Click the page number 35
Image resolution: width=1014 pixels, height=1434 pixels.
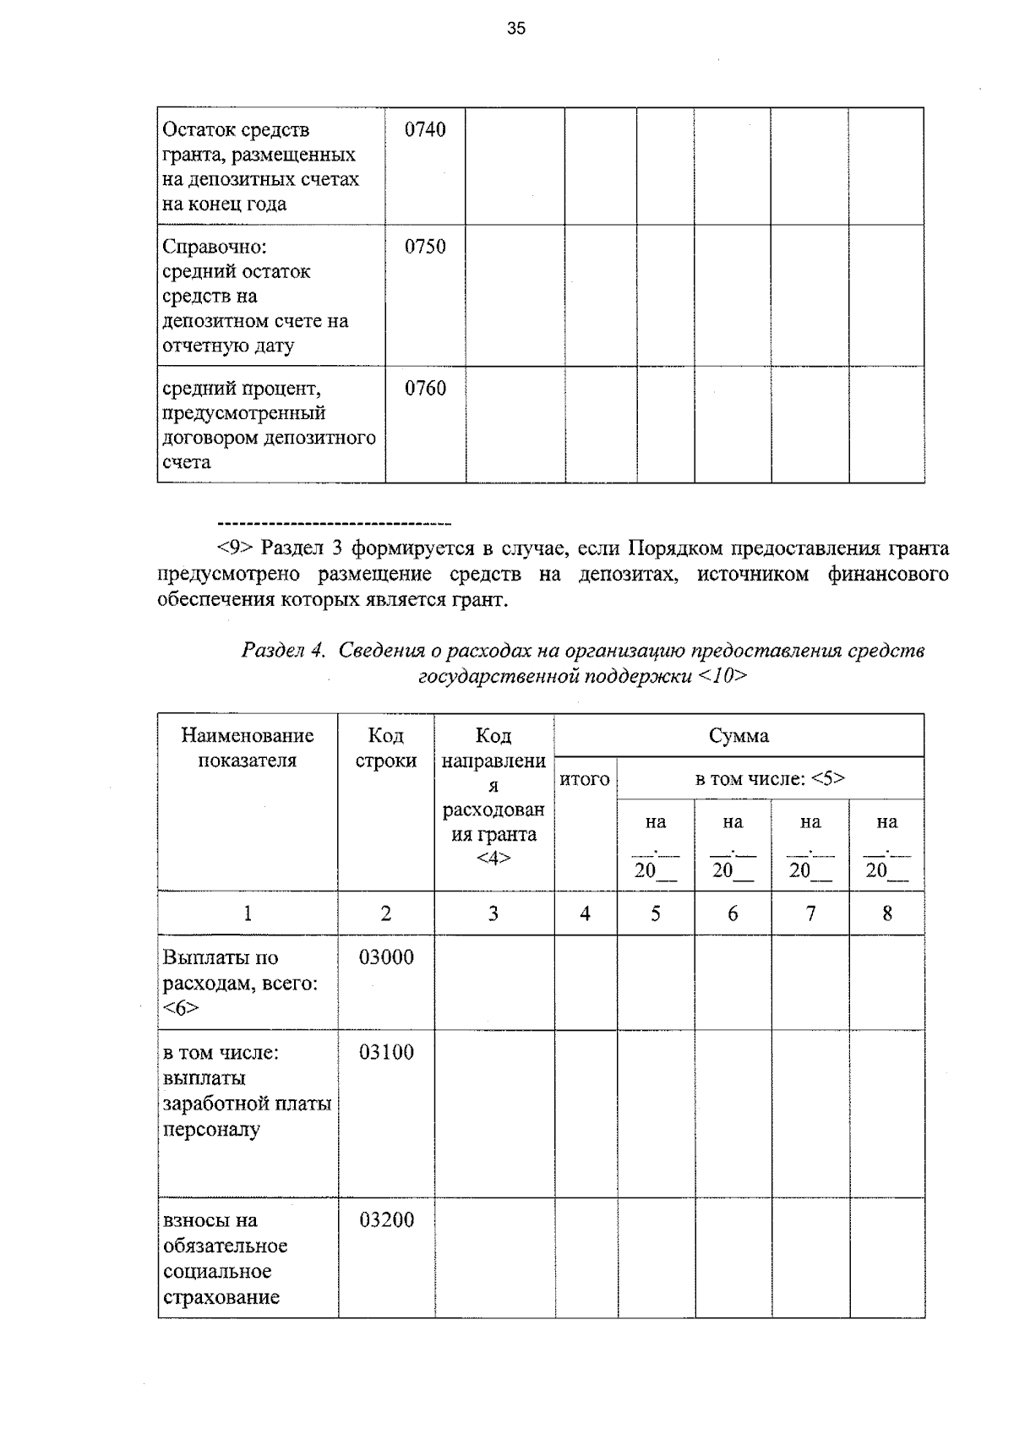[515, 29]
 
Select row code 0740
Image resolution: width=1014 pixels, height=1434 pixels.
[425, 129]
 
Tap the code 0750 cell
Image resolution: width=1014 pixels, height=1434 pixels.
[425, 247]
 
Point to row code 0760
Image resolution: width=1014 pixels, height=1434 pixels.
[425, 389]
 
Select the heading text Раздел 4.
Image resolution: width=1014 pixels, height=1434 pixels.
[283, 651]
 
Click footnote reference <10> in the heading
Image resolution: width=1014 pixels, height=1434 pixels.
[723, 676]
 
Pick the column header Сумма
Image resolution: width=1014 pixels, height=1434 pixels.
[739, 736]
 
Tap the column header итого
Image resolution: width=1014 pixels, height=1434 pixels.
[585, 779]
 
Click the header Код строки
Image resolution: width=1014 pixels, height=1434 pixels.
[386, 748]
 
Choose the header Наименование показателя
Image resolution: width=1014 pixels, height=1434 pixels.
[248, 748]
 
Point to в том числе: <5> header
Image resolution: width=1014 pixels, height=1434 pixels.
[770, 778]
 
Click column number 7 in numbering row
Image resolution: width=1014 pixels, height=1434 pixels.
[810, 913]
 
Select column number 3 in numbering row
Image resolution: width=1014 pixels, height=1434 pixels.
[493, 913]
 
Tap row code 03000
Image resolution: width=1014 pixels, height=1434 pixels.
[386, 957]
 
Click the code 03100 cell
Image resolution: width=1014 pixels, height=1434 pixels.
[386, 1052]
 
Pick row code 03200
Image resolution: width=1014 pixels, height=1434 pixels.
[386, 1220]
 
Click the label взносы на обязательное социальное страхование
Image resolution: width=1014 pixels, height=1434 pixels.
[225, 1258]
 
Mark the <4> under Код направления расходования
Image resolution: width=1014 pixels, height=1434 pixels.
[493, 859]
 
